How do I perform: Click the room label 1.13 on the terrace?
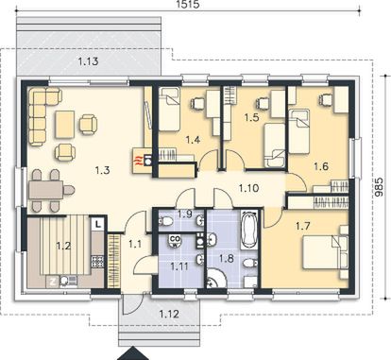(x=88, y=61)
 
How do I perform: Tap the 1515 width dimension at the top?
(x=189, y=5)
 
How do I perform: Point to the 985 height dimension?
(x=380, y=186)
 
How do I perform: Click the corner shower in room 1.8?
(x=215, y=278)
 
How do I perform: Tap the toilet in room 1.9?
(x=165, y=221)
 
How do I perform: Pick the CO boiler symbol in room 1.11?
(x=175, y=241)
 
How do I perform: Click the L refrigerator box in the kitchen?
(x=98, y=224)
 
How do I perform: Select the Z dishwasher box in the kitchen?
(x=53, y=282)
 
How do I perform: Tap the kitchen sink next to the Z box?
(x=68, y=282)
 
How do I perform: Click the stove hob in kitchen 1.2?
(x=97, y=262)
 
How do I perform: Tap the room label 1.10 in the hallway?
(x=248, y=188)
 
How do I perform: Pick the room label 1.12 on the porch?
(x=169, y=314)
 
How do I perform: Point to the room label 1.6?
(x=321, y=166)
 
